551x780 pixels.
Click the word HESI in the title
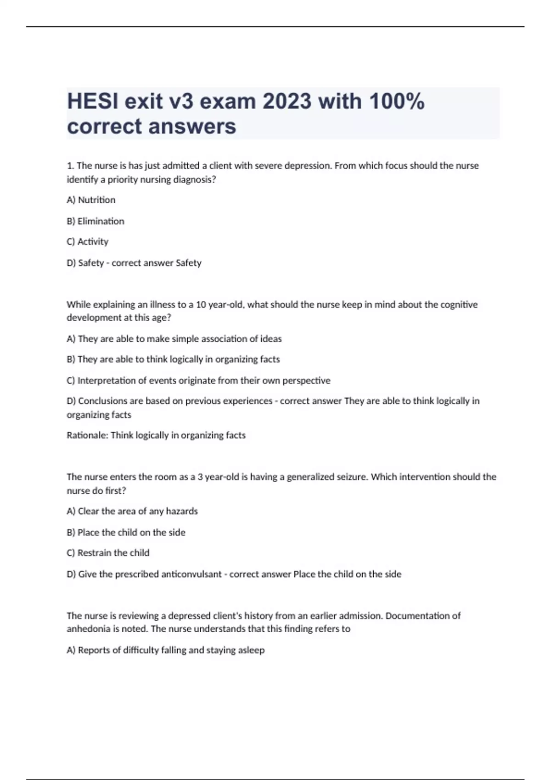(92, 101)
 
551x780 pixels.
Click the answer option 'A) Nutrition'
(91, 200)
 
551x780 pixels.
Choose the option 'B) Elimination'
(96, 221)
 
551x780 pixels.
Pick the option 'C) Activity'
(88, 242)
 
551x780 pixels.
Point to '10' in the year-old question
(201, 305)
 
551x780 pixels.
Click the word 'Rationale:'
(87, 435)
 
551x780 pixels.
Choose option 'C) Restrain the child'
(108, 553)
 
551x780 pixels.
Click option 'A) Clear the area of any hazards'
(132, 511)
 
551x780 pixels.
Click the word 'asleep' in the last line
(252, 650)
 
